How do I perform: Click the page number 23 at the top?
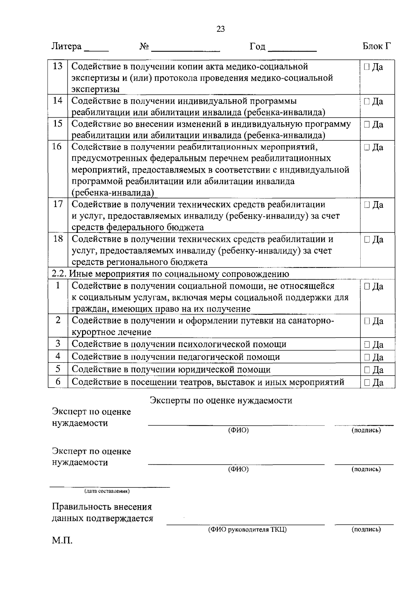[x=221, y=29]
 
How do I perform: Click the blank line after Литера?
[x=96, y=50]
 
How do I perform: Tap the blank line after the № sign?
[x=185, y=50]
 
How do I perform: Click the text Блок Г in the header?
[x=376, y=46]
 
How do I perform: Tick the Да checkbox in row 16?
[x=366, y=147]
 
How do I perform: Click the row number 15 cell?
[x=58, y=124]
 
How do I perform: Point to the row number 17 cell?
[x=58, y=204]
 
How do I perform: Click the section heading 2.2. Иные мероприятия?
[x=170, y=274]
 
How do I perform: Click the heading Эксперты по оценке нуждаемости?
[x=221, y=400]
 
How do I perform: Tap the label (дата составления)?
[x=107, y=491]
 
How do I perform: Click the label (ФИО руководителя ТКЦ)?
[x=247, y=530]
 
